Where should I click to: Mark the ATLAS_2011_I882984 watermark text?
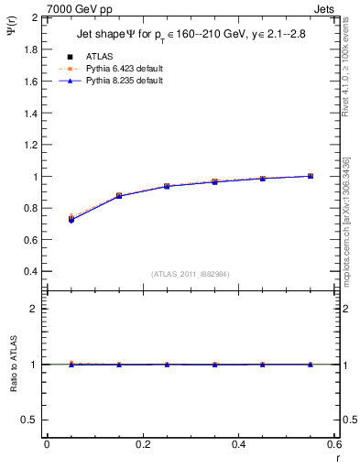[190, 274]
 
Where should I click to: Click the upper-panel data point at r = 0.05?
[71, 219]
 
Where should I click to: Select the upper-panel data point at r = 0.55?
[311, 176]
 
